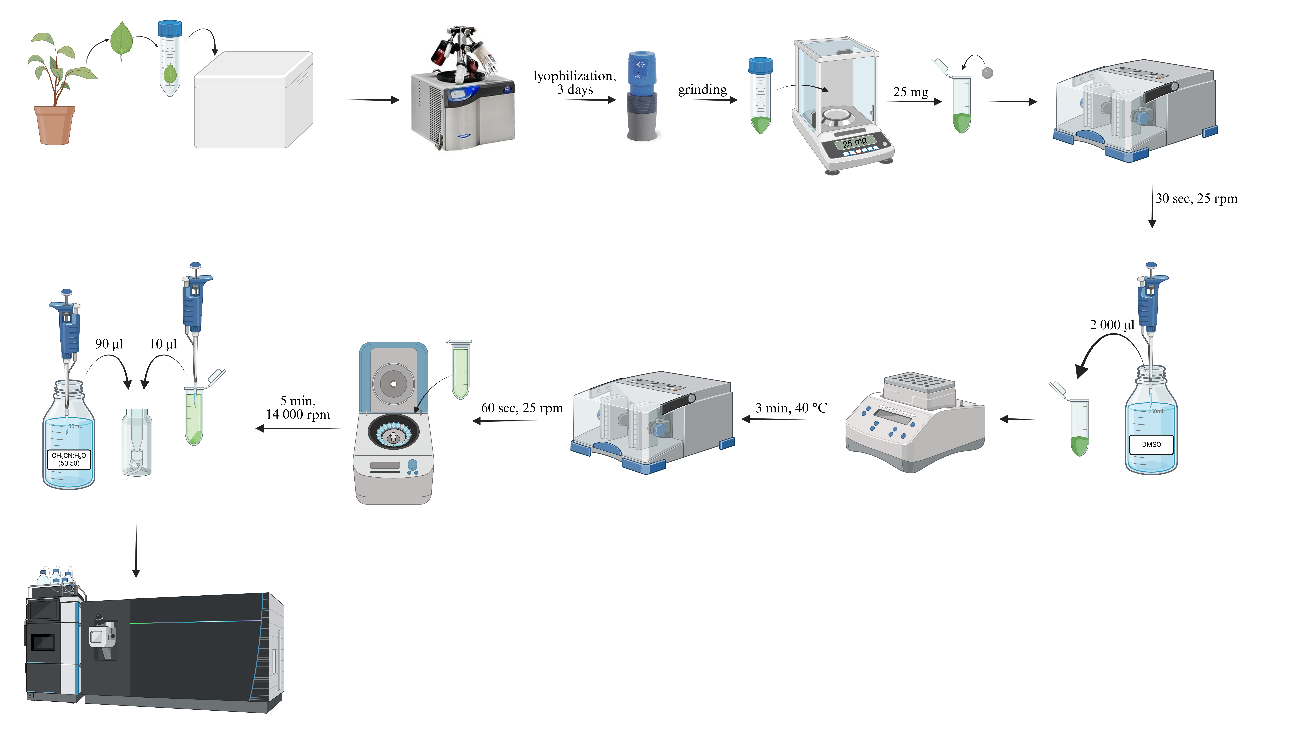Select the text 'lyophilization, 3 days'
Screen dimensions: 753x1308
[x=574, y=83]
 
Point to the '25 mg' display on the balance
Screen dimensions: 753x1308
[x=854, y=142]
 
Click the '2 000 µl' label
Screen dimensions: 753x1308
[x=1112, y=325]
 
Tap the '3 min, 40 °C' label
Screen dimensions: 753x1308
[x=791, y=408]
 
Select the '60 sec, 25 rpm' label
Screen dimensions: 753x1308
[x=522, y=408]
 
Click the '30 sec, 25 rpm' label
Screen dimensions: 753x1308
[x=1196, y=199]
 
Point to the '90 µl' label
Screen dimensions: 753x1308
[x=109, y=344]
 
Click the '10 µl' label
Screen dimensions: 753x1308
[x=163, y=344]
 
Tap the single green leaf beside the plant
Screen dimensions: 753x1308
[x=122, y=40]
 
